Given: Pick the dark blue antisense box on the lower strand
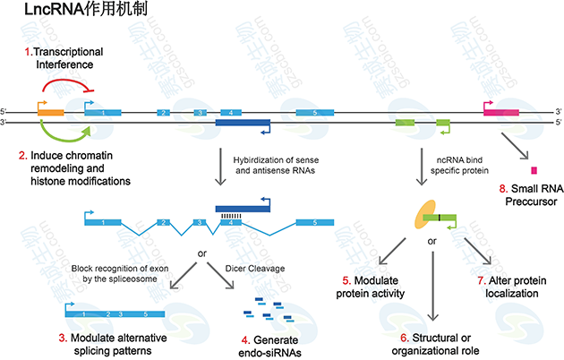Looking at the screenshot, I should [242, 123].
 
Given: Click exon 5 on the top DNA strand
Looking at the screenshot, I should [314, 113].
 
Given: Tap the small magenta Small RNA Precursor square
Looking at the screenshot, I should [534, 170].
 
